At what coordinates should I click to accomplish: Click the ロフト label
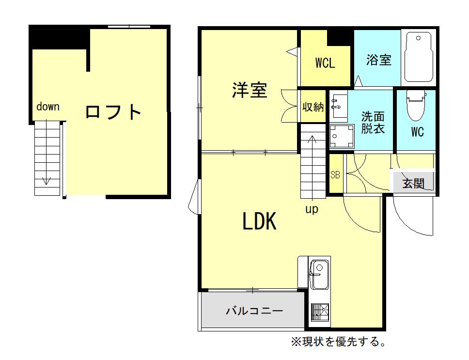pyautogui.click(x=113, y=112)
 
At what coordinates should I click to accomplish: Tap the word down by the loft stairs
pyautogui.click(x=48, y=107)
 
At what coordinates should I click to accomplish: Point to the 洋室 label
pyautogui.click(x=250, y=90)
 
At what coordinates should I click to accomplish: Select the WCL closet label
pyautogui.click(x=325, y=63)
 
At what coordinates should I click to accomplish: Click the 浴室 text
pyautogui.click(x=379, y=60)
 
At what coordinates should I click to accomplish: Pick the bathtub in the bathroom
pyautogui.click(x=419, y=57)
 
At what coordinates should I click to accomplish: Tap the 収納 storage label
pyautogui.click(x=313, y=107)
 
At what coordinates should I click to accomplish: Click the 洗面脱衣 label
pyautogui.click(x=373, y=123)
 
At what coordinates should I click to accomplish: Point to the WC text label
pyautogui.click(x=417, y=132)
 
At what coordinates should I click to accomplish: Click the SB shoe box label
pyautogui.click(x=335, y=174)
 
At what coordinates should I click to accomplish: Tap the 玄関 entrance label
pyautogui.click(x=413, y=183)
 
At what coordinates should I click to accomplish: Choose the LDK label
pyautogui.click(x=259, y=221)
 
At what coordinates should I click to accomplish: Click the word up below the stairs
pyautogui.click(x=312, y=209)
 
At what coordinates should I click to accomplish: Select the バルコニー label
pyautogui.click(x=254, y=311)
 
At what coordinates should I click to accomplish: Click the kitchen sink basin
pyautogui.click(x=319, y=275)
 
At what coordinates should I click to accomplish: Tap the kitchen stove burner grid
pyautogui.click(x=320, y=312)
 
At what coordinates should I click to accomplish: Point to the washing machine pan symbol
pyautogui.click(x=342, y=136)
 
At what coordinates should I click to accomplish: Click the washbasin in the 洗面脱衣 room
pyautogui.click(x=340, y=106)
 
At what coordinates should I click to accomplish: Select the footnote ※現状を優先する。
pyautogui.click(x=339, y=342)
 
